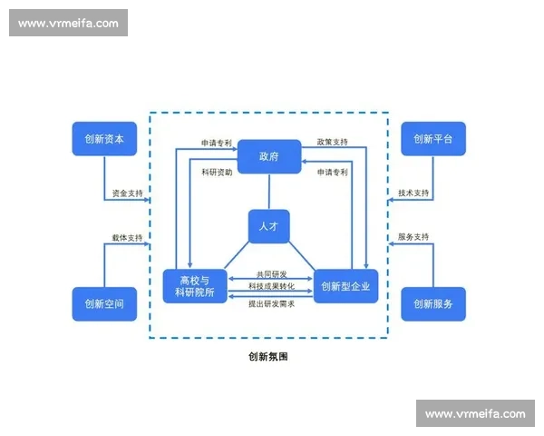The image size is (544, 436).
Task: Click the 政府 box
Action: pyautogui.click(x=268, y=156)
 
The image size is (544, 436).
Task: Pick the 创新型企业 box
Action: pyautogui.click(x=345, y=286)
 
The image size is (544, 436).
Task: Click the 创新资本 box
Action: pyautogui.click(x=104, y=139)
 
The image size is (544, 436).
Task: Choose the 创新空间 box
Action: pyautogui.click(x=104, y=303)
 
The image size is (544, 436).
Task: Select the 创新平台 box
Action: pyautogui.click(x=432, y=139)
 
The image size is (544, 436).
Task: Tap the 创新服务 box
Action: pyautogui.click(x=432, y=303)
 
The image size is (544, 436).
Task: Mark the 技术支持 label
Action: pyautogui.click(x=413, y=193)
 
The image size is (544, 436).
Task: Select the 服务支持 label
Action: pyautogui.click(x=413, y=238)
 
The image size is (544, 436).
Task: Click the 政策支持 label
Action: pyautogui.click(x=332, y=143)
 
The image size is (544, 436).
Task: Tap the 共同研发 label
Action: pyautogui.click(x=269, y=273)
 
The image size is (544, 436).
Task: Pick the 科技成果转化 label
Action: pyautogui.click(x=269, y=287)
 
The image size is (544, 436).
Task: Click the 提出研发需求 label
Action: pyautogui.click(x=269, y=302)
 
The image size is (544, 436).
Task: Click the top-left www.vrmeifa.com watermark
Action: pyautogui.click(x=68, y=23)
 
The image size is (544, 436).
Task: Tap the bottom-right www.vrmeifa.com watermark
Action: pyautogui.click(x=474, y=414)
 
